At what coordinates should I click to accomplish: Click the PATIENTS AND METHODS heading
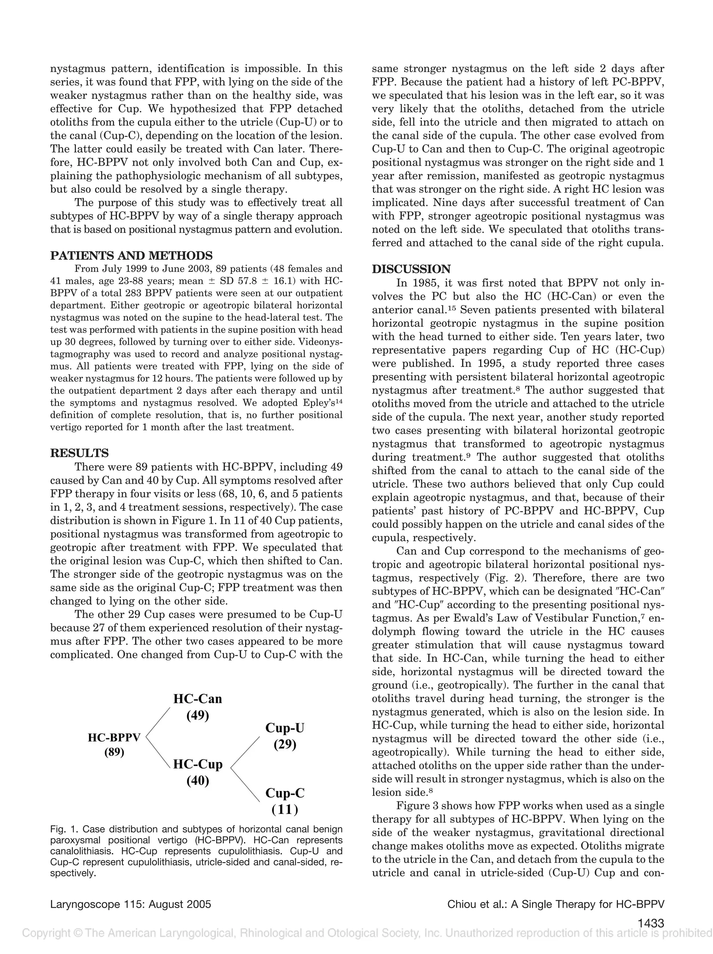click(x=131, y=255)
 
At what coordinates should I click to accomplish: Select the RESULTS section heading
click(x=79, y=453)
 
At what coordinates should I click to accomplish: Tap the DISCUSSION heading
click(x=411, y=269)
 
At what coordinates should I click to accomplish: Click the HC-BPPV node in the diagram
click(x=114, y=738)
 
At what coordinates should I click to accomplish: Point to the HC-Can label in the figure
click(x=197, y=699)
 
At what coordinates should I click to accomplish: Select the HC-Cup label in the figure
click(x=197, y=764)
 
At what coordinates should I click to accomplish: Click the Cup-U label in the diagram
click(x=285, y=728)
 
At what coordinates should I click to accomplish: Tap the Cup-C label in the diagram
click(x=285, y=793)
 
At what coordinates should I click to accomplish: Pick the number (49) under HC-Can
click(x=197, y=716)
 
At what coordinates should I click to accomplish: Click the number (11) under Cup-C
click(x=285, y=810)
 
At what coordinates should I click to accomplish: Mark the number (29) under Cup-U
click(x=285, y=744)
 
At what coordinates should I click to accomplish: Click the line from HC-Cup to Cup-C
click(x=245, y=785)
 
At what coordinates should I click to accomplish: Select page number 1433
click(x=650, y=923)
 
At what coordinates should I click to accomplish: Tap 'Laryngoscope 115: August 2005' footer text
click(x=131, y=904)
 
